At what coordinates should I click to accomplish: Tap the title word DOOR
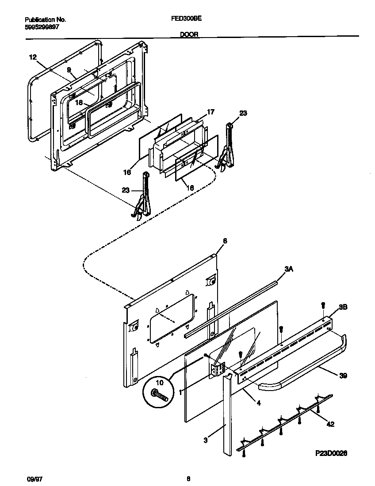coord(189,34)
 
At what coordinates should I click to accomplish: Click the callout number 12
coord(33,57)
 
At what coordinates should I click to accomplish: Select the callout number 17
coord(210,112)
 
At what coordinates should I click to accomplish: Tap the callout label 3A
coord(289,269)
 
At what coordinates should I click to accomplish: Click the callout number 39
coord(343,376)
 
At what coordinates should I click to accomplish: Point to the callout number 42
coord(330,425)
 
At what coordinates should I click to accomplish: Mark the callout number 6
coord(225,241)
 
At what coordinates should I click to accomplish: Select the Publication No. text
coord(45,20)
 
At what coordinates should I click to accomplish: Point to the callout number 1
coord(180,391)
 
